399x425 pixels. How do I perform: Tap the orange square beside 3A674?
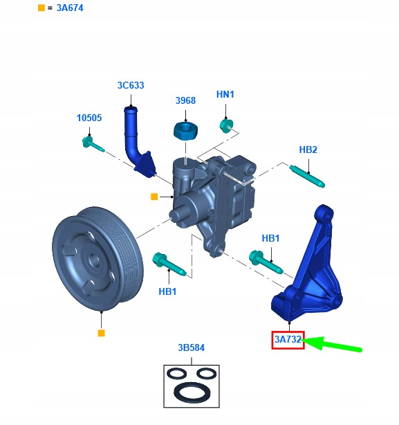tap(41, 8)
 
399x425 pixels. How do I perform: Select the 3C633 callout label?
tap(130, 86)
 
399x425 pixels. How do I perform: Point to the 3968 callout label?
tap(185, 101)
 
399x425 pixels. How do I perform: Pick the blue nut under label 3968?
tap(185, 129)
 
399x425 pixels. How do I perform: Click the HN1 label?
tap(225, 94)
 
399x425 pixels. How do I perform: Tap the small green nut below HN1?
tap(226, 126)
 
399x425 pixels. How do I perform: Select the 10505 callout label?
tap(89, 118)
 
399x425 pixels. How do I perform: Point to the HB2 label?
tap(308, 150)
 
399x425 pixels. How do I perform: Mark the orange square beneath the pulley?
tap(101, 333)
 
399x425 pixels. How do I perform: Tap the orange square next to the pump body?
tap(154, 197)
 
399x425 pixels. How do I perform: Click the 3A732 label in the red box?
tap(288, 340)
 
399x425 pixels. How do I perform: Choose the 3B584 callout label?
tap(191, 347)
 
